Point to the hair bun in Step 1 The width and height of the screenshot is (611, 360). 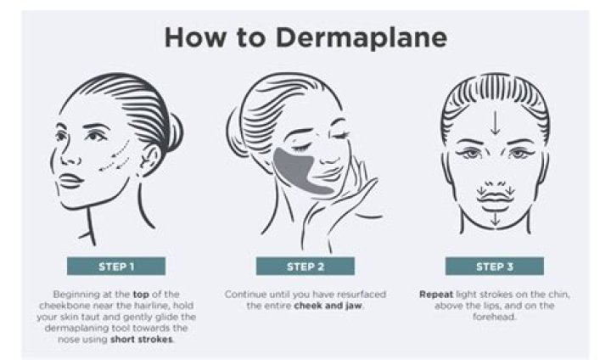[x=172, y=132]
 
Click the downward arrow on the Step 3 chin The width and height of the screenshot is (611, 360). [x=492, y=219]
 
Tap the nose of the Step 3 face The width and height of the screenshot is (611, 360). [x=492, y=170]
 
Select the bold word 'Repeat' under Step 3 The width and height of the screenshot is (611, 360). [x=437, y=294]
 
